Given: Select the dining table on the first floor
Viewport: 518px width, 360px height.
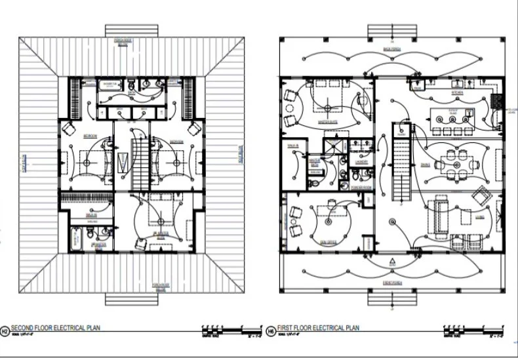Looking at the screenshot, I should pyautogui.click(x=453, y=159).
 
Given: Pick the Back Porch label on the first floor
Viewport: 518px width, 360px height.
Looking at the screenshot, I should pyautogui.click(x=392, y=50).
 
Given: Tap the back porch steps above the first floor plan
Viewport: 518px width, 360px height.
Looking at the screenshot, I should pyautogui.click(x=392, y=31).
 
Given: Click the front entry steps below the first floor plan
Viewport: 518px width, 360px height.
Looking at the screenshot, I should pyautogui.click(x=392, y=298).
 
